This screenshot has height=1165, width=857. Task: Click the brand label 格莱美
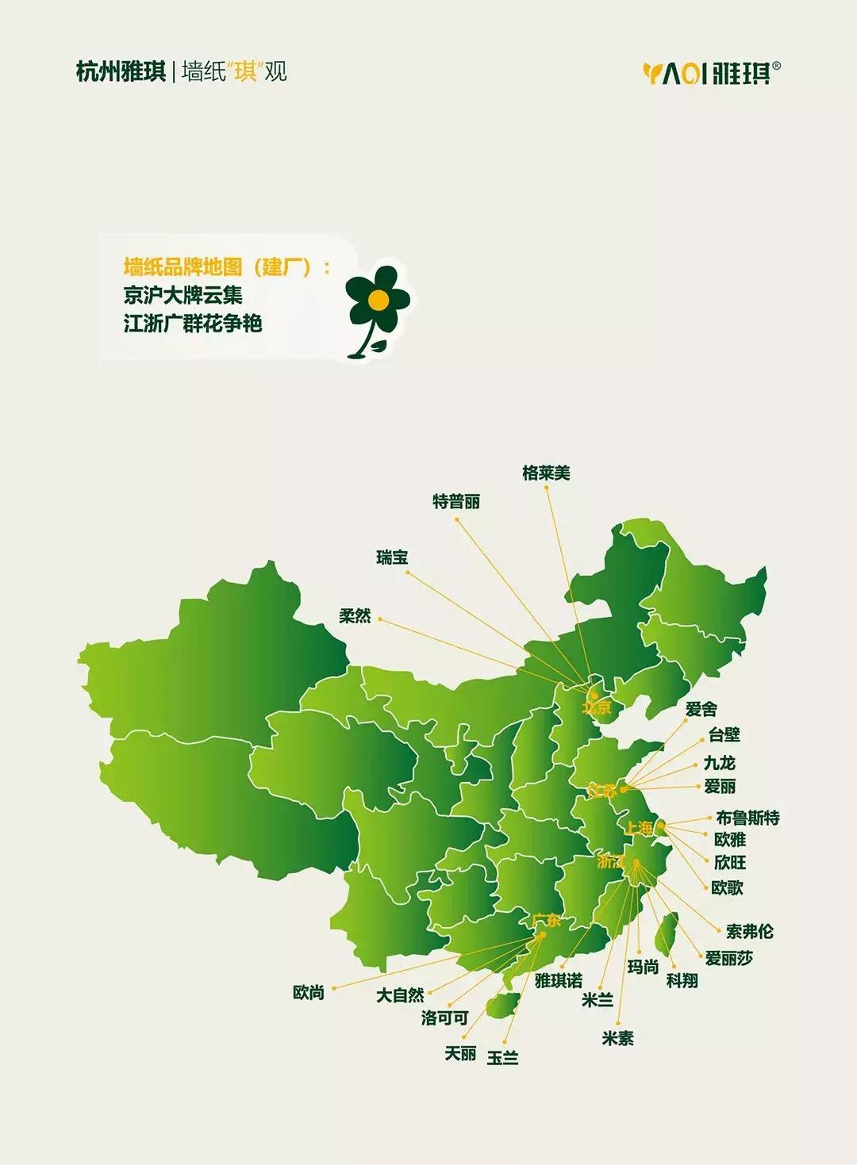[x=546, y=473]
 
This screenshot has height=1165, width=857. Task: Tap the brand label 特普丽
[x=456, y=502]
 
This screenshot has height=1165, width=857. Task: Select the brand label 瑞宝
[x=392, y=558]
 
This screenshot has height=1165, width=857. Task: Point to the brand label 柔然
[x=355, y=615]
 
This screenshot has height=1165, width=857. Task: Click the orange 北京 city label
[x=597, y=707]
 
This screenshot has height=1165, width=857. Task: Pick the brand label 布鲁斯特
[x=747, y=818]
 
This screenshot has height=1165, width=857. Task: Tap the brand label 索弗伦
[x=749, y=931]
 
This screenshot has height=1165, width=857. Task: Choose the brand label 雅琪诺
[x=559, y=981]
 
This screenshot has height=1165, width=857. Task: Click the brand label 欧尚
[x=309, y=992]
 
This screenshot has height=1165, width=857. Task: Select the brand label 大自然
[x=400, y=994]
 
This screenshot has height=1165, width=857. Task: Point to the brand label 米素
[x=618, y=1038]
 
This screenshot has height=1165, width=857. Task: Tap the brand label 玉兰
[x=502, y=1058]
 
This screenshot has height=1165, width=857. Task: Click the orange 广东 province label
[x=547, y=921]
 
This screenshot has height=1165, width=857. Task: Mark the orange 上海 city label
[x=639, y=828]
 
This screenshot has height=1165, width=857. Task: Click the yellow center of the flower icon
[x=379, y=299]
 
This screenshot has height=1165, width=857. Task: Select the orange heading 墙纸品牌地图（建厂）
[x=225, y=267]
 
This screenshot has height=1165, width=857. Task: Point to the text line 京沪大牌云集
[x=183, y=296]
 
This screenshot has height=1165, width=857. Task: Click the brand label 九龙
[x=720, y=763]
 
